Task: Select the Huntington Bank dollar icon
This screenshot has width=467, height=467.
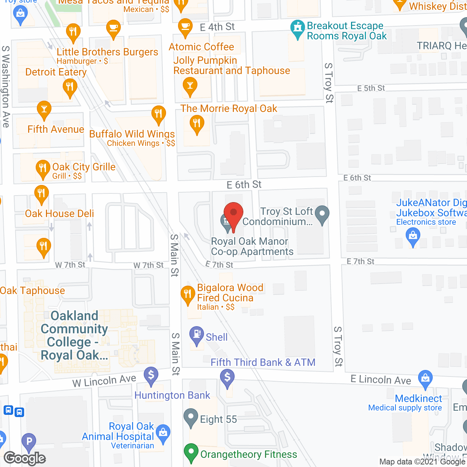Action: pyautogui.click(x=151, y=375)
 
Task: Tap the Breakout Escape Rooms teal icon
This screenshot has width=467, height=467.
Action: pyautogui.click(x=298, y=29)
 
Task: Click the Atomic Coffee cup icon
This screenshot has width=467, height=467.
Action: pyautogui.click(x=185, y=27)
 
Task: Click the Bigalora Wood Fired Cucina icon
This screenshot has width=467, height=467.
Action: pyautogui.click(x=188, y=294)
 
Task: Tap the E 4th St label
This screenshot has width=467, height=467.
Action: pyautogui.click(x=217, y=27)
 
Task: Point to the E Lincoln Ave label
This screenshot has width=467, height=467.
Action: pyautogui.click(x=381, y=379)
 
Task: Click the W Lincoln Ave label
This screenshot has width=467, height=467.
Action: pyautogui.click(x=104, y=381)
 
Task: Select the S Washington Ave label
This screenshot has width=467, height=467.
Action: pyautogui.click(x=5, y=86)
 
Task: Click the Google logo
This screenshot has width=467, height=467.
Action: pyautogui.click(x=25, y=458)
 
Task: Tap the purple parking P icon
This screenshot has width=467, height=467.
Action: pyautogui.click(x=29, y=442)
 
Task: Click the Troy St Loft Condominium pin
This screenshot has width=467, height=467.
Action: pyautogui.click(x=322, y=214)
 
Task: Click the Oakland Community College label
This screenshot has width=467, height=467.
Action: pyautogui.click(x=74, y=335)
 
